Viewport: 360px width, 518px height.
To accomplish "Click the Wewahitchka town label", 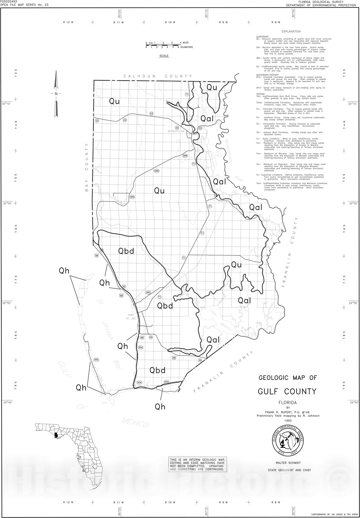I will [176, 131].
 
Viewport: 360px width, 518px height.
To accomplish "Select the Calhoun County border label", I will [157, 76].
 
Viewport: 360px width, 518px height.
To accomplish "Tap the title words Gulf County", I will [287, 391].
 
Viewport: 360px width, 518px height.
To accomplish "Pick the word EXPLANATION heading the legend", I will [291, 31].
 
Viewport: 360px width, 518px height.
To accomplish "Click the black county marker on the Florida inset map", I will [57, 435].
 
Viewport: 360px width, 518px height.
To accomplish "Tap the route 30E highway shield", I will [96, 360].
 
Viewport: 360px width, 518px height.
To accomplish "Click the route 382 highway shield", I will [148, 292].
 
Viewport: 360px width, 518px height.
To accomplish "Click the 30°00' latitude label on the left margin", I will [6, 204].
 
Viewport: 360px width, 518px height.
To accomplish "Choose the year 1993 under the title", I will [288, 421].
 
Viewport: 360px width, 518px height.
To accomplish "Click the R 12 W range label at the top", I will [68, 22].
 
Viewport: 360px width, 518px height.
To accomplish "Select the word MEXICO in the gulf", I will [135, 422].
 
